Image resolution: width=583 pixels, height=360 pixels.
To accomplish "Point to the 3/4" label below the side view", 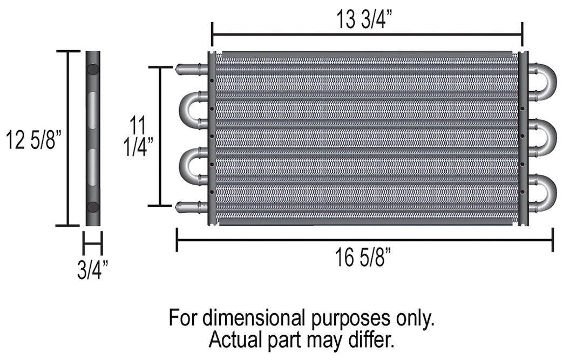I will coord(92,269).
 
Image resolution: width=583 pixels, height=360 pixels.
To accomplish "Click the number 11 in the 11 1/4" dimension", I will coord(138,127).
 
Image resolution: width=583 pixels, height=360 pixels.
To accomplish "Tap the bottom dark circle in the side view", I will coord(92,207).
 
